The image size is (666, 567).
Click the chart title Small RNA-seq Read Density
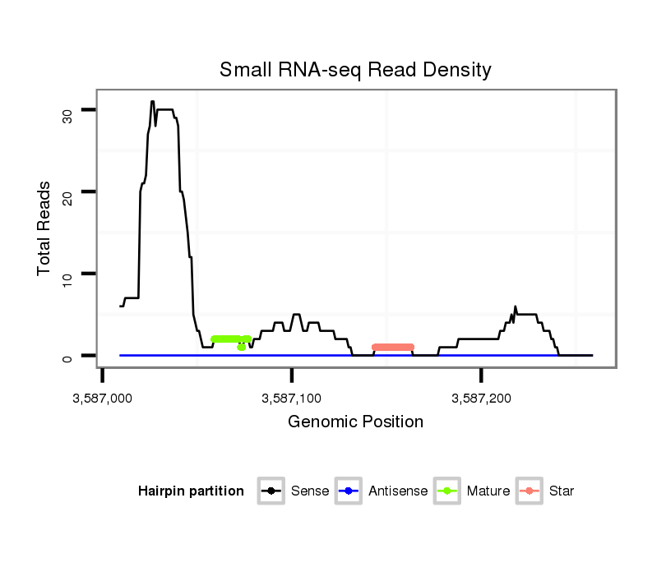tap(355, 70)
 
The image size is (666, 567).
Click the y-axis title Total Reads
tap(45, 228)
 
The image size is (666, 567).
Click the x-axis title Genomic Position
tap(355, 422)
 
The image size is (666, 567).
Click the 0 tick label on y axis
tap(68, 356)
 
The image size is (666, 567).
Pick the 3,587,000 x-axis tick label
tap(102, 399)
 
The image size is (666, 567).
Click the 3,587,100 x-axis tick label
tap(292, 399)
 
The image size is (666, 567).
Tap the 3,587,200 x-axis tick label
tap(482, 399)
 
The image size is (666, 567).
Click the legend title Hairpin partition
tap(191, 491)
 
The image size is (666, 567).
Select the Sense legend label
tap(310, 491)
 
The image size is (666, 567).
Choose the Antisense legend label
tap(398, 491)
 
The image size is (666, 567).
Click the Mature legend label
tap(488, 491)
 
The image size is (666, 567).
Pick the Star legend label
tap(562, 491)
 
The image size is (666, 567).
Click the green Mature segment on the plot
tap(226, 339)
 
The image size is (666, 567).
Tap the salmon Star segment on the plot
tap(393, 347)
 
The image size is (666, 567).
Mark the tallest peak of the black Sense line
tap(152, 102)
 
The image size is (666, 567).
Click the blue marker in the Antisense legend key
tap(349, 491)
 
